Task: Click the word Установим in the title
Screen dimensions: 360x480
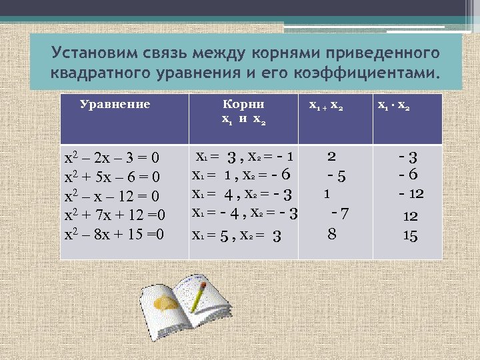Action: [91, 53]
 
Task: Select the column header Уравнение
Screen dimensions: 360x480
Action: [115, 104]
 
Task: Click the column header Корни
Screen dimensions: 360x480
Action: [243, 104]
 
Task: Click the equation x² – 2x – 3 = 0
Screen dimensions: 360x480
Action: [111, 159]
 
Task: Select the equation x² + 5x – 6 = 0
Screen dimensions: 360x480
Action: [111, 178]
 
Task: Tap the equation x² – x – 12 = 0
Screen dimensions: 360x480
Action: [111, 197]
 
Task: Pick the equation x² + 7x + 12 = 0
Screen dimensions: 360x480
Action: [114, 215]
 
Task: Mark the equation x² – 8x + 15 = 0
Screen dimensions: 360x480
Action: [114, 234]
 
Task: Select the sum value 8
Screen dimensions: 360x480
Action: [331, 234]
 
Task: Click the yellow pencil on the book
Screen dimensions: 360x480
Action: [197, 297]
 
